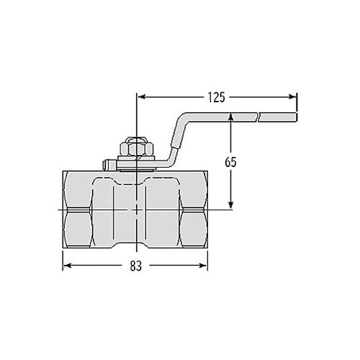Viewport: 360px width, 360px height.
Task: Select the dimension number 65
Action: click(x=230, y=162)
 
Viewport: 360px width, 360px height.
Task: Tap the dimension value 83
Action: click(x=136, y=266)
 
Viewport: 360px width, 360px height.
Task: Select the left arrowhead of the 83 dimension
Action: click(x=68, y=266)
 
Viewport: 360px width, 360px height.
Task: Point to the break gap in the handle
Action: click(x=257, y=115)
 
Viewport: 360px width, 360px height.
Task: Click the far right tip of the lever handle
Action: click(x=295, y=115)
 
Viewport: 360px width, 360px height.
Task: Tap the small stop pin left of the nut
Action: click(x=107, y=164)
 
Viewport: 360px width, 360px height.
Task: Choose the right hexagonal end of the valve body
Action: click(x=192, y=209)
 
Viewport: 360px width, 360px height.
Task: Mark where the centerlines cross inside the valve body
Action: click(x=136, y=209)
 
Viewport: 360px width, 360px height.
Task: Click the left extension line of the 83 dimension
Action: click(x=63, y=259)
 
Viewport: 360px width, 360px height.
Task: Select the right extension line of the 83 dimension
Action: click(x=208, y=259)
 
